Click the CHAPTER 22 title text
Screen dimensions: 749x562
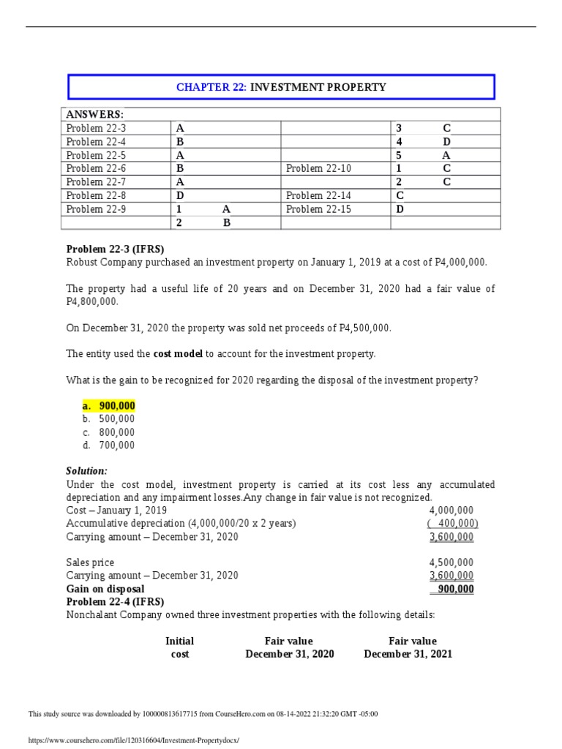tap(281, 87)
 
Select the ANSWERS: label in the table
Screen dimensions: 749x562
tap(95, 115)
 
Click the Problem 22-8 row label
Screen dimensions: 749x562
tap(96, 195)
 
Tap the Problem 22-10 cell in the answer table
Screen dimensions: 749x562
tap(318, 168)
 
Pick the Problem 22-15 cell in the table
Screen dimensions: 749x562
tap(318, 208)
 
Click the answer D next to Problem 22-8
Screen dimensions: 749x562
tap(180, 195)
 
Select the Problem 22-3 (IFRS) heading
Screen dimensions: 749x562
tap(115, 249)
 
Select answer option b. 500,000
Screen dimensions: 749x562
tap(108, 419)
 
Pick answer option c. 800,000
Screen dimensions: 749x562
tap(108, 432)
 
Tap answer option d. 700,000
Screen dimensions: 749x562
tap(108, 445)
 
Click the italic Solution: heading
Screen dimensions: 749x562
tap(86, 471)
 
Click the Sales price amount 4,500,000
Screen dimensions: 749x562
tap(451, 562)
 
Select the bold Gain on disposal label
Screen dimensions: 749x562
tap(105, 589)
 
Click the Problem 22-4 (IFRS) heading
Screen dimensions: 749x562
tap(115, 602)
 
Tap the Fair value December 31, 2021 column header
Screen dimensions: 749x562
tap(408, 647)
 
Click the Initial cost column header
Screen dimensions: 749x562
tap(180, 647)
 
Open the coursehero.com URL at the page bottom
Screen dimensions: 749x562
tap(133, 740)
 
